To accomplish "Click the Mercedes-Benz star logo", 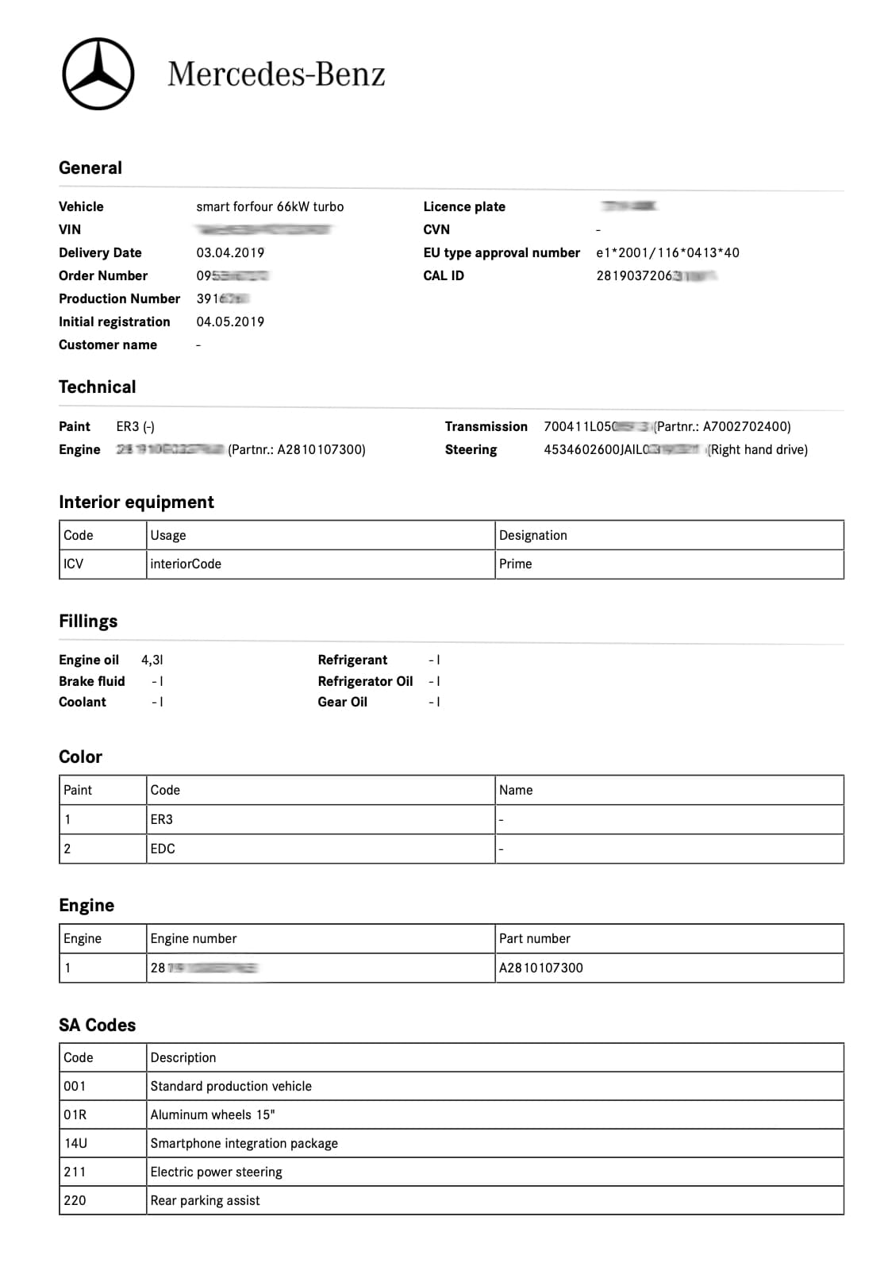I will (x=98, y=74).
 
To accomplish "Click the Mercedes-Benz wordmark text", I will (x=276, y=75).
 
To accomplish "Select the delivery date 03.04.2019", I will (x=230, y=252).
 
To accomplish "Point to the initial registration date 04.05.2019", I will (x=230, y=321).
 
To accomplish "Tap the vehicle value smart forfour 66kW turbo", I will (x=270, y=206).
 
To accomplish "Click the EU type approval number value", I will (x=667, y=252).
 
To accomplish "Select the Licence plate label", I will (x=464, y=206).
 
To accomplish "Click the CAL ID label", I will (x=444, y=275).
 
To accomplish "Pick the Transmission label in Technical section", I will (x=486, y=426).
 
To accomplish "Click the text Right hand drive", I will (x=758, y=449).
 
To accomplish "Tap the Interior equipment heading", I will (x=136, y=502).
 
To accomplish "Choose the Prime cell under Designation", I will (x=516, y=564).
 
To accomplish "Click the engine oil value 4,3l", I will (x=152, y=660).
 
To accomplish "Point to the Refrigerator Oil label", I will (x=365, y=681).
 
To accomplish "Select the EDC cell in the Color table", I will (x=163, y=849).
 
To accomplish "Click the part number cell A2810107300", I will (x=541, y=968).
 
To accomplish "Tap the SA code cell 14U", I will (x=75, y=1143).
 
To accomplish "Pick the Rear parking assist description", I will (x=205, y=1200).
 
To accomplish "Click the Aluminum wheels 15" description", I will (x=213, y=1114).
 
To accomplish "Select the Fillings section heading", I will (x=88, y=621).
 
